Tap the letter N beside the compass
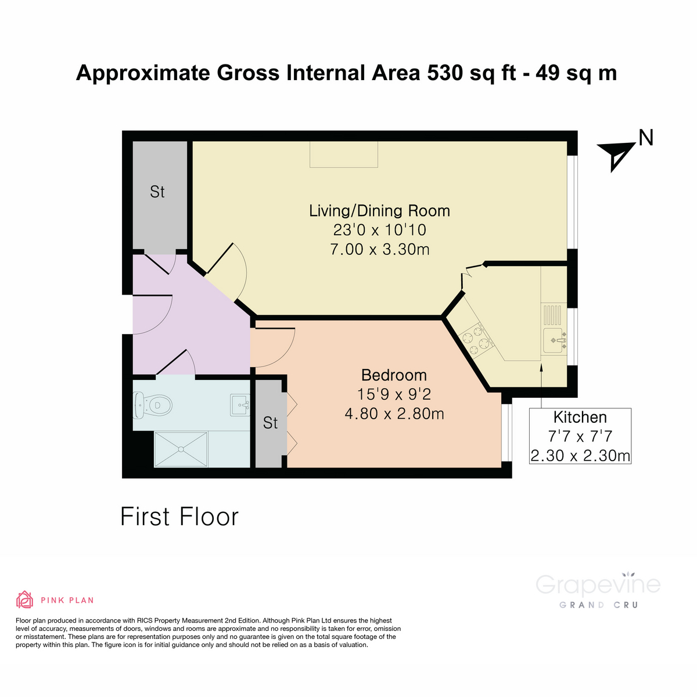coord(646,138)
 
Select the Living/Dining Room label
coord(379,210)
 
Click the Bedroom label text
coord(394,375)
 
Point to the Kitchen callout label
coord(580,417)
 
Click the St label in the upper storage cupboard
coord(157,192)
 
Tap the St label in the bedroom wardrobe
coord(270,423)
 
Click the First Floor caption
coord(179,516)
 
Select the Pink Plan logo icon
coord(24,599)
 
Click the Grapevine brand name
coord(598,584)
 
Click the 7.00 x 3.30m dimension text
coord(379,249)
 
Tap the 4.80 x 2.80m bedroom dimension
coord(394,414)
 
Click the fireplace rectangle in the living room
coord(344,155)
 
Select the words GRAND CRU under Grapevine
coord(598,605)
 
